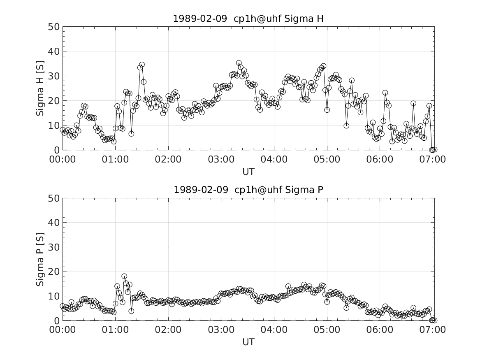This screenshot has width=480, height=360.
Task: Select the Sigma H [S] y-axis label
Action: tap(40, 88)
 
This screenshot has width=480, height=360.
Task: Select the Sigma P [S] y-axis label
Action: tap(40, 259)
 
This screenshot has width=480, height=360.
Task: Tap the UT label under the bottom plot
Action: tap(248, 342)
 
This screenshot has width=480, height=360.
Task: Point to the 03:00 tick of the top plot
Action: tap(221, 159)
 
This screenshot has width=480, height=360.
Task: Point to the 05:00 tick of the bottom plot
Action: tap(327, 330)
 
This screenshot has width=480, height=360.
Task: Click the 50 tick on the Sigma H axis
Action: tap(55, 27)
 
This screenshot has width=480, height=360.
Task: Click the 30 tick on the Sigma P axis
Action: tap(55, 247)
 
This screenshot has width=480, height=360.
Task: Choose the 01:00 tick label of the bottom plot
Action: tap(115, 330)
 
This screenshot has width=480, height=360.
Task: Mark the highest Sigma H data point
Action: tap(239, 63)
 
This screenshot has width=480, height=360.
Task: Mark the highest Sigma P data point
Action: tap(124, 276)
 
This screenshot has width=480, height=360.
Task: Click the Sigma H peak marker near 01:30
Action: tap(142, 65)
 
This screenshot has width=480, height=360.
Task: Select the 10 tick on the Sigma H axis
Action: tap(55, 125)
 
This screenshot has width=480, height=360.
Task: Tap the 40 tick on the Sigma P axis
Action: tap(55, 222)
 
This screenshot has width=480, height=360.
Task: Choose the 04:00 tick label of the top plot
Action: tap(274, 159)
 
